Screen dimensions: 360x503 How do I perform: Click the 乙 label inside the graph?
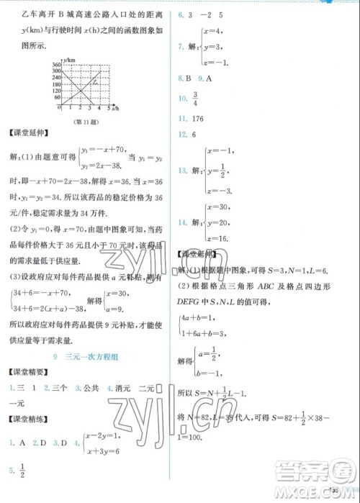pos(94,83)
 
